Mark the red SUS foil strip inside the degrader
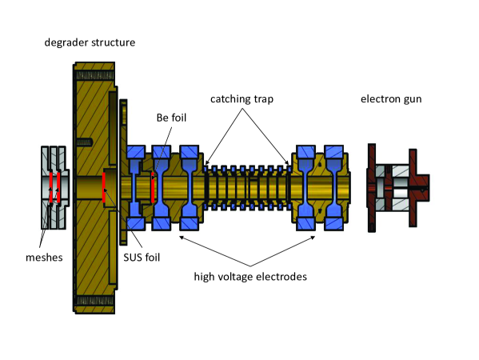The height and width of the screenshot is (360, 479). [x=105, y=185]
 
